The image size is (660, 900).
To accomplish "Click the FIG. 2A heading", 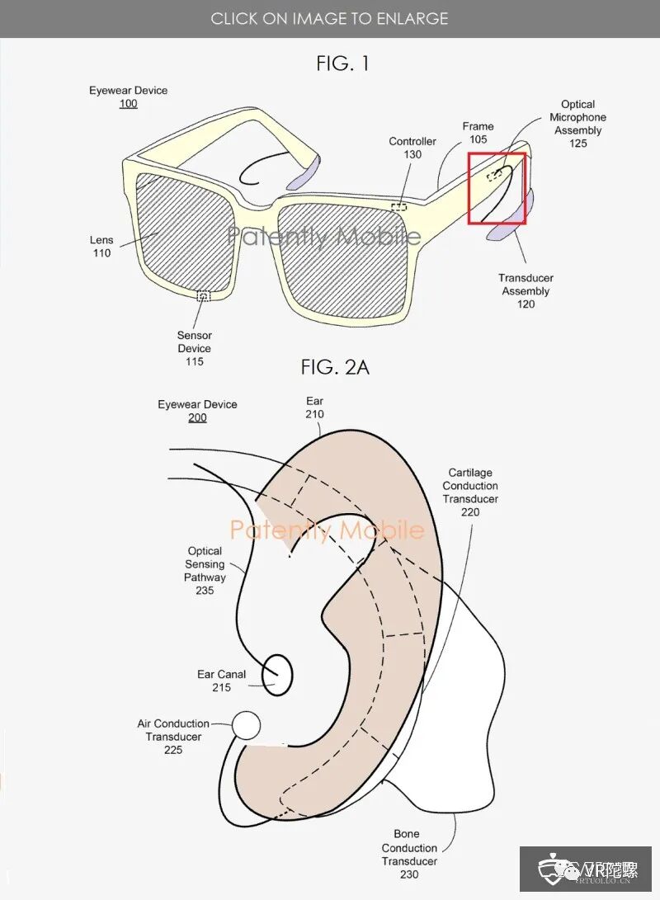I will [334, 367].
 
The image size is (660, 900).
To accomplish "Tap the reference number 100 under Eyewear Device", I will [128, 104].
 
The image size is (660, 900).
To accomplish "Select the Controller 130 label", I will [412, 148].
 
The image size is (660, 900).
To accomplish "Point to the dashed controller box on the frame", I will [399, 206].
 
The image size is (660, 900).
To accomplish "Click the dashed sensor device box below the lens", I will [203, 295].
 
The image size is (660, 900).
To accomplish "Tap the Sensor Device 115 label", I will [195, 348].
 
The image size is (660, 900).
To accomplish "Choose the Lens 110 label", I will [101, 247].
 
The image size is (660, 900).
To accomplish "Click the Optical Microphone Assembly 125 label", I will [577, 124].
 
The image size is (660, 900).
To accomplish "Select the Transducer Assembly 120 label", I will [526, 291].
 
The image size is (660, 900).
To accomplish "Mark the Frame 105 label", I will [478, 133].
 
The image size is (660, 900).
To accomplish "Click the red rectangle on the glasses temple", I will [497, 189].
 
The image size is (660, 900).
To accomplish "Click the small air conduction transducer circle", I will [246, 725].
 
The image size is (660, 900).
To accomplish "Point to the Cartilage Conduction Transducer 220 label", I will [470, 492].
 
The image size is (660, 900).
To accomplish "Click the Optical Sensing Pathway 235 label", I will [205, 571].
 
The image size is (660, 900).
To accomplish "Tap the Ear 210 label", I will [314, 408].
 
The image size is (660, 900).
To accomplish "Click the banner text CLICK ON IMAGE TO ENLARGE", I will [329, 18].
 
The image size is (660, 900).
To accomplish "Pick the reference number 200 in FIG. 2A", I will [197, 418].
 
